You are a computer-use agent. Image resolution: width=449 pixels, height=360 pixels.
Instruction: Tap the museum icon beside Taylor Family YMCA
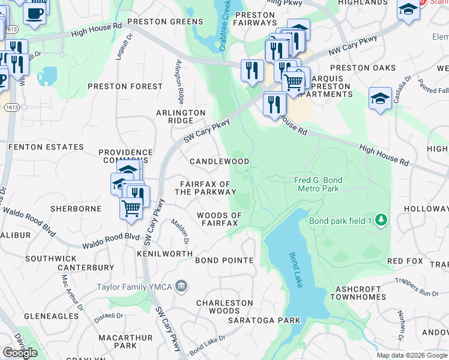(x=181, y=287)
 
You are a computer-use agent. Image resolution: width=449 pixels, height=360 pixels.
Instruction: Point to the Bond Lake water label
(x=295, y=270)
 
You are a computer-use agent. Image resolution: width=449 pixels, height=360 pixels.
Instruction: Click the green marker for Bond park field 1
(x=380, y=220)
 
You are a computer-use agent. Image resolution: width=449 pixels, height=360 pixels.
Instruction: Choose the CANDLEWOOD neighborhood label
(x=219, y=161)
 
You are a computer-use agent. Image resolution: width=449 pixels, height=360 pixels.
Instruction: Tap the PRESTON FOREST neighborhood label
(x=125, y=86)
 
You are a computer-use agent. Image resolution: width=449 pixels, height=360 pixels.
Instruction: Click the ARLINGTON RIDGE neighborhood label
(x=181, y=116)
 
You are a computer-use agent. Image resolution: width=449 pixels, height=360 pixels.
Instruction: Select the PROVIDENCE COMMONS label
(x=125, y=157)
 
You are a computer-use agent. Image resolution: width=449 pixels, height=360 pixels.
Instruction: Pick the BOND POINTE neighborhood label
(x=224, y=260)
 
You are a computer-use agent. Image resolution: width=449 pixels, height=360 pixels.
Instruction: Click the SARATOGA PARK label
(x=264, y=320)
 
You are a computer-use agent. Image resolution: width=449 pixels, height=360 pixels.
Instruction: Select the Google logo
(x=20, y=353)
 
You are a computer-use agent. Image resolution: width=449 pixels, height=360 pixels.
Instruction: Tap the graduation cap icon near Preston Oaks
(x=380, y=98)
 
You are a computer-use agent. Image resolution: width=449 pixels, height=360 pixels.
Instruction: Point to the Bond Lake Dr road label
(x=207, y=343)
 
